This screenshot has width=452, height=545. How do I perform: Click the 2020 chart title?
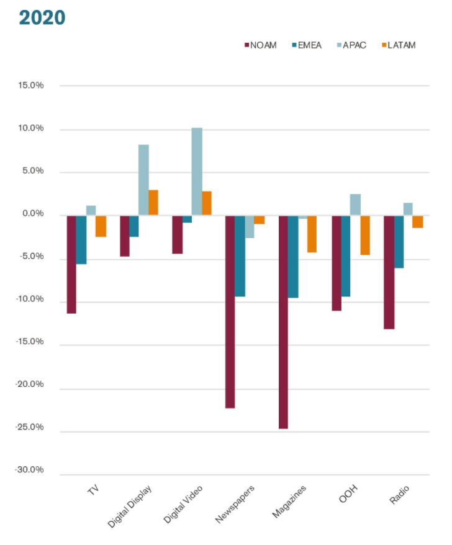coord(42,17)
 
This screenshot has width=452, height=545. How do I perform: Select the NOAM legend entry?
coord(261,45)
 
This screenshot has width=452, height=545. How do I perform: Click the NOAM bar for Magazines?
coord(284,322)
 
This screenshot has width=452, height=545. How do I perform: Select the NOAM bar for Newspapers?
coord(230,312)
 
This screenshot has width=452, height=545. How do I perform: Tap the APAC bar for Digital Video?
coord(196,172)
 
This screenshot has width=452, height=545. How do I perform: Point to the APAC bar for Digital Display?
coord(143,180)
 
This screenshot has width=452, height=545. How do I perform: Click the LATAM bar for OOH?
coord(365,235)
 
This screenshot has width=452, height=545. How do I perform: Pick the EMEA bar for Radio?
coord(399,242)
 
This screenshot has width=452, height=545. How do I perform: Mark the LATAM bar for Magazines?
coord(312,234)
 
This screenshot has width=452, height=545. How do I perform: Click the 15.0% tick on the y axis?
coord(31,86)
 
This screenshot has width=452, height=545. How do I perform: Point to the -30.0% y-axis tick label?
coord(30,470)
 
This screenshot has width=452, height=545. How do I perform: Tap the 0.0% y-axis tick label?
coord(32,215)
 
